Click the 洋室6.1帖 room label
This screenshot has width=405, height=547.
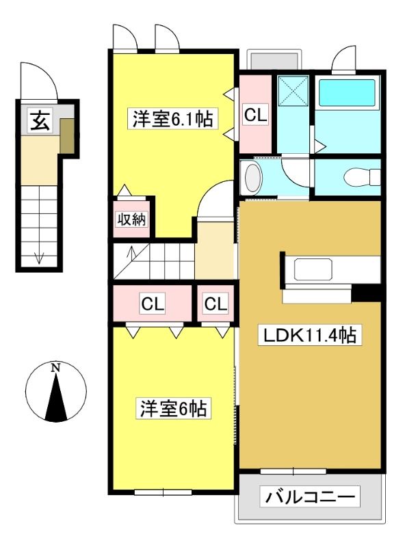172,119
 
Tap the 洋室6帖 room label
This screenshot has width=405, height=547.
173,408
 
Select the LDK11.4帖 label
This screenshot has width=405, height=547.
309,335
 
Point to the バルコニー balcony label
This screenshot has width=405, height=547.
310,496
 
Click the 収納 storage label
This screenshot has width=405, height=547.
131,219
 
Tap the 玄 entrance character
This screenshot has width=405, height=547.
40,120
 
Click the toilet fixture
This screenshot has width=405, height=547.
362,177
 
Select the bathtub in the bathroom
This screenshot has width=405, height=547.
347,93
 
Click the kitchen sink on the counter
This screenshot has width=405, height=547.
313,269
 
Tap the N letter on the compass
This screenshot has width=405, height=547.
55,368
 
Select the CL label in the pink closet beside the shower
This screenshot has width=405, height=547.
256,114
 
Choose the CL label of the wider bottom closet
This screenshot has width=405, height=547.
153,304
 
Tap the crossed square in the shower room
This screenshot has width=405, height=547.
293,90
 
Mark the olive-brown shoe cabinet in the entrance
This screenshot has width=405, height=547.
67,135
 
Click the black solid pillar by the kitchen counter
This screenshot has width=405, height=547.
366,293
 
